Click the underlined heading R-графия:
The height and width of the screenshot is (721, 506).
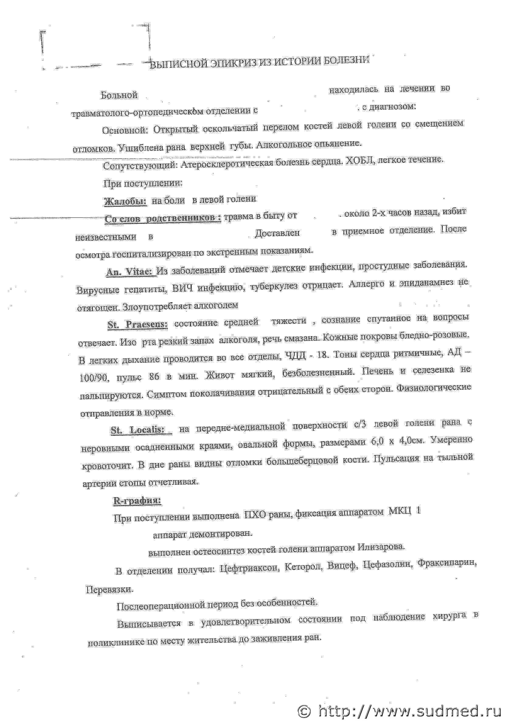137,501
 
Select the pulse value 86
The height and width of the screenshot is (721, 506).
154,377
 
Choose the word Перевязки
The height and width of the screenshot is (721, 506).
109,589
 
